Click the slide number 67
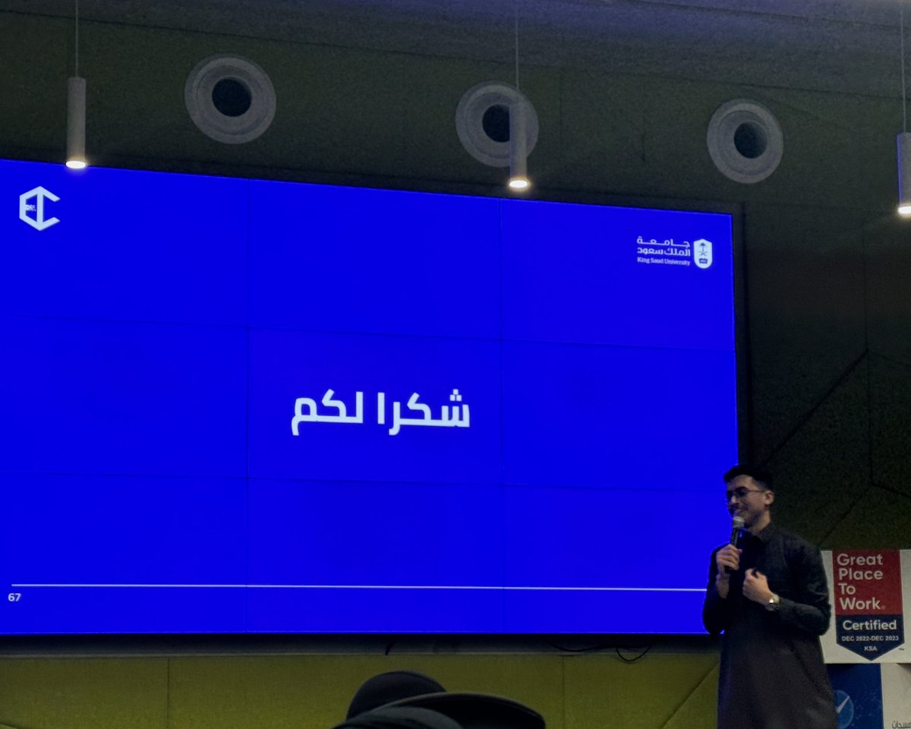tap(14, 597)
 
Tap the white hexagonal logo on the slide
tap(39, 209)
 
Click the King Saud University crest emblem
tap(703, 253)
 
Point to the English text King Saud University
tap(663, 261)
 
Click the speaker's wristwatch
tap(773, 601)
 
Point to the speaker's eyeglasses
tap(743, 494)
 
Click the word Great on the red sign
tap(859, 560)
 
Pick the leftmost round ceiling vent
tap(230, 98)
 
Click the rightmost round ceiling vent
tap(745, 140)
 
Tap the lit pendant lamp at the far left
tap(76, 161)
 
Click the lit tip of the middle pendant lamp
tap(519, 183)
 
